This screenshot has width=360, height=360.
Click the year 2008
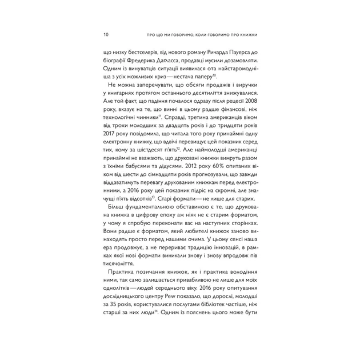click(x=250, y=103)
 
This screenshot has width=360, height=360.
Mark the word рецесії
click(x=227, y=103)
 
